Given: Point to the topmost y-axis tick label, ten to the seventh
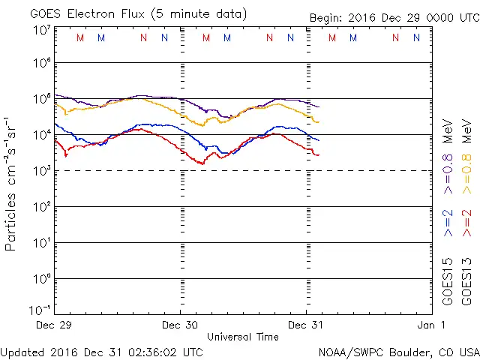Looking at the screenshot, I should coord(40,29).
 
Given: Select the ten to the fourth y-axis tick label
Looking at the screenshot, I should coord(40,135).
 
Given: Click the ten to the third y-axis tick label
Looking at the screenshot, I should coord(40,171).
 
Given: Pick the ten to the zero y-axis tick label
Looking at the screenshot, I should coord(40,279).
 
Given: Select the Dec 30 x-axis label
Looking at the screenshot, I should coord(181,325).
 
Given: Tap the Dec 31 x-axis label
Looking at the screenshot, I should coord(307,325).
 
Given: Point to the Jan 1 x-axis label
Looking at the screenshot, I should coord(431,325).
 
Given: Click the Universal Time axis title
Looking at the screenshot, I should coord(243,337).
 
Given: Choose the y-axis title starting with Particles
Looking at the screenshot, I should coord(12,183).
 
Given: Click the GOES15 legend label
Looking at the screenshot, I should coord(448,281).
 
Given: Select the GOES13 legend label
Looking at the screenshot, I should coord(469,281).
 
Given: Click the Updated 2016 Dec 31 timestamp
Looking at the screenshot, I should coord(101,351).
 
